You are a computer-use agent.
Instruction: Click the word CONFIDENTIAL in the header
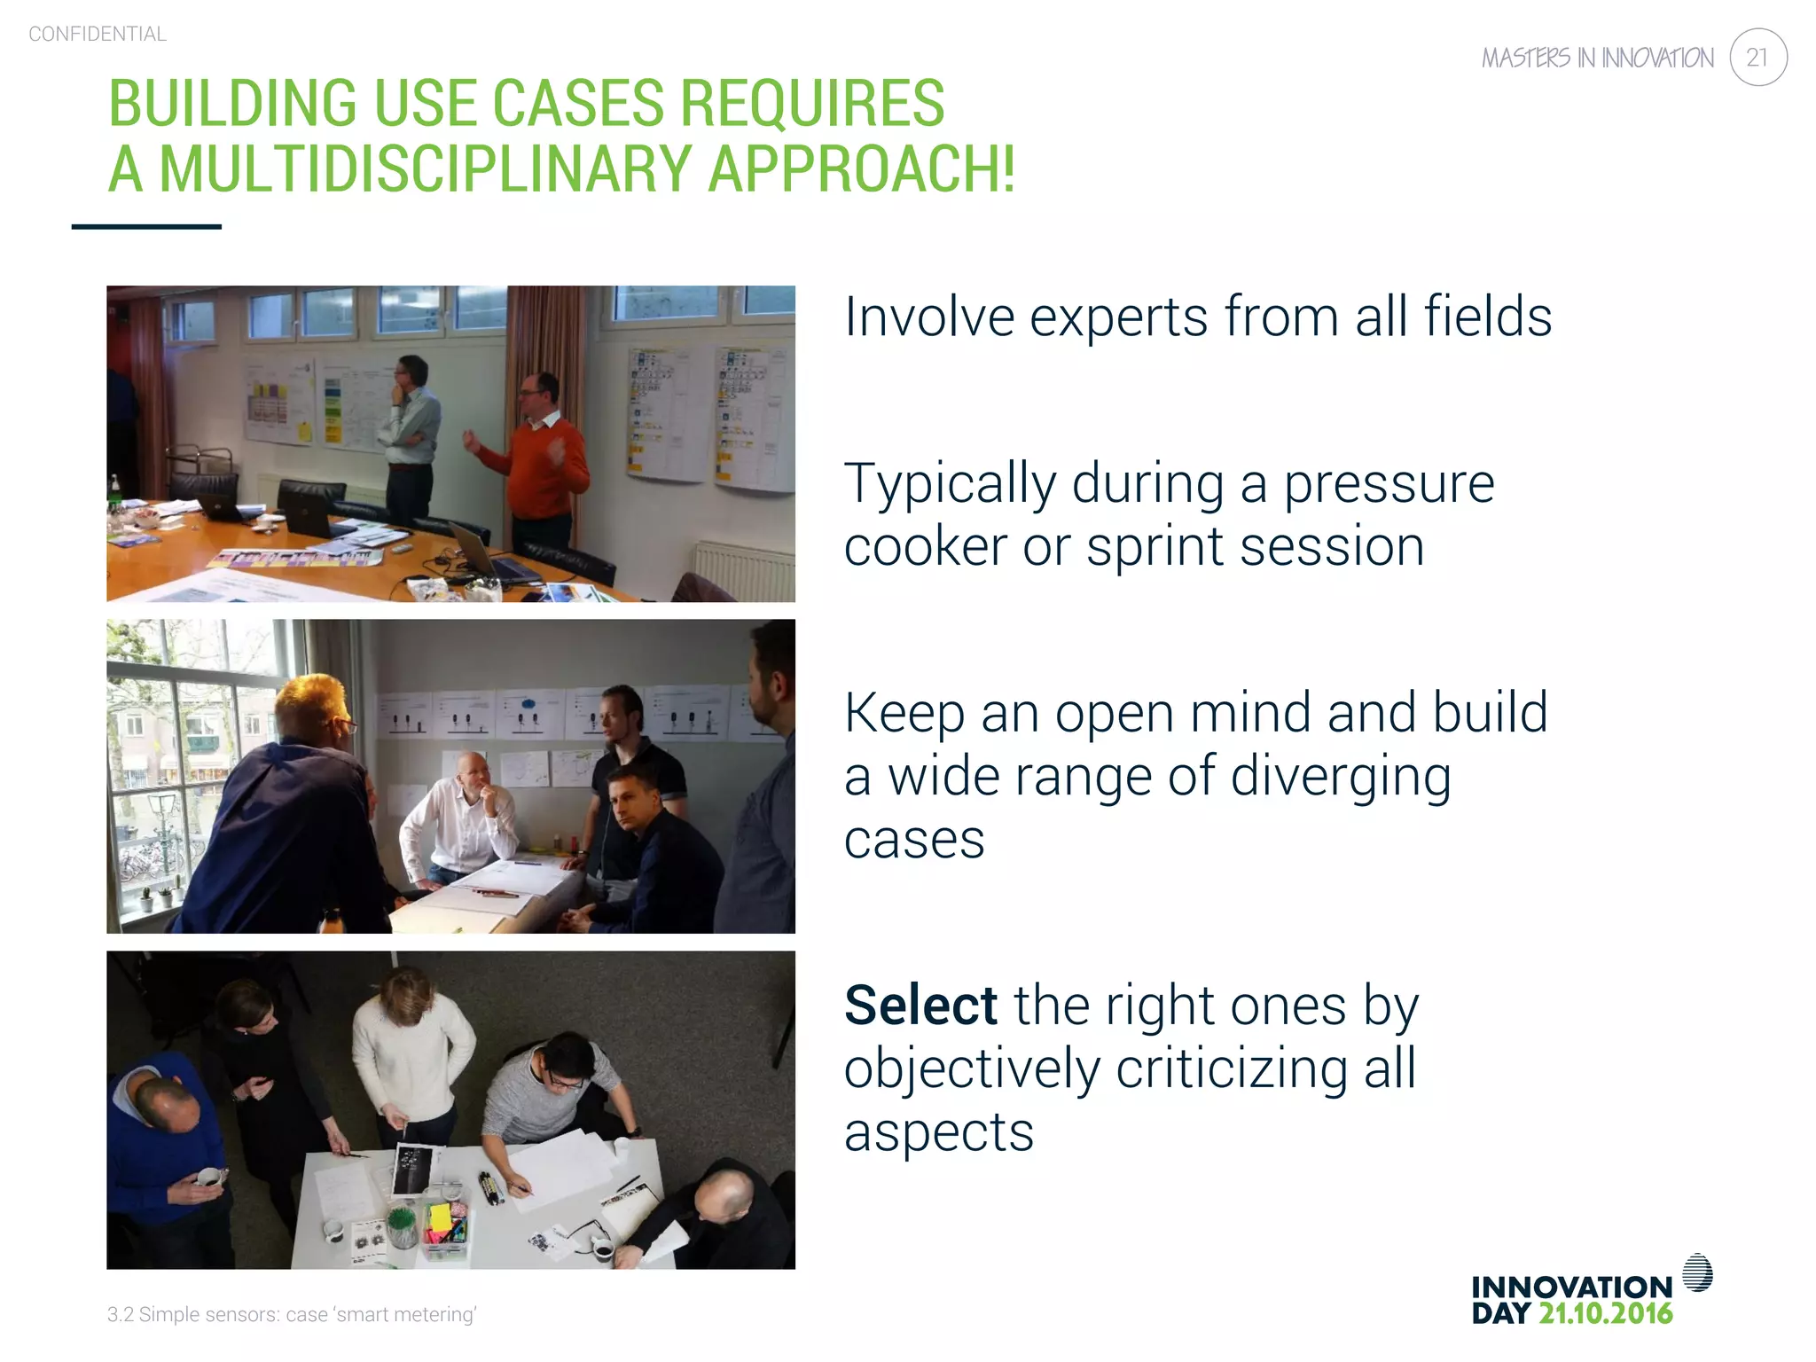98,35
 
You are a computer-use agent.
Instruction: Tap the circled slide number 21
1757,58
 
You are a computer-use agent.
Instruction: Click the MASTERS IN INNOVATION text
1597,59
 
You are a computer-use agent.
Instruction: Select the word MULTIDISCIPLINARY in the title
425,168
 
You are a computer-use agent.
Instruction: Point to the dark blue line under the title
146,227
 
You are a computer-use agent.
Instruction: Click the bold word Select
920,1006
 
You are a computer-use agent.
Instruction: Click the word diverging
1341,777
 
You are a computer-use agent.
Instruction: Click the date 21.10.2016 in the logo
1605,1313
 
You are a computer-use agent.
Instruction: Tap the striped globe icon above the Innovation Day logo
1697,1272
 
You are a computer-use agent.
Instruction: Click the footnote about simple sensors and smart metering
292,1314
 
